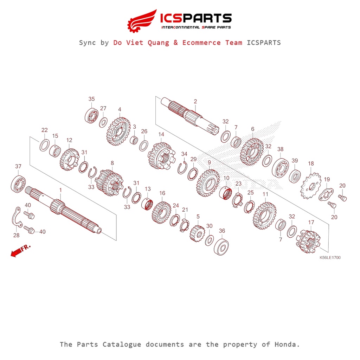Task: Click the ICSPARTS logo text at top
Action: click(196, 18)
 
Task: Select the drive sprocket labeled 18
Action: click(310, 185)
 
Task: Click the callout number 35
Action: click(91, 99)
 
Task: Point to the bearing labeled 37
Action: click(18, 183)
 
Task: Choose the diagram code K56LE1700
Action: click(330, 257)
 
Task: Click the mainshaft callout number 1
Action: click(60, 190)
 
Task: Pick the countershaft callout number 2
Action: click(195, 102)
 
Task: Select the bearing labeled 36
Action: click(222, 246)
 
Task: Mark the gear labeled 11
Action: click(264, 214)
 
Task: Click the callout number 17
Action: click(311, 222)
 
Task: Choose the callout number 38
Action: click(280, 149)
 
